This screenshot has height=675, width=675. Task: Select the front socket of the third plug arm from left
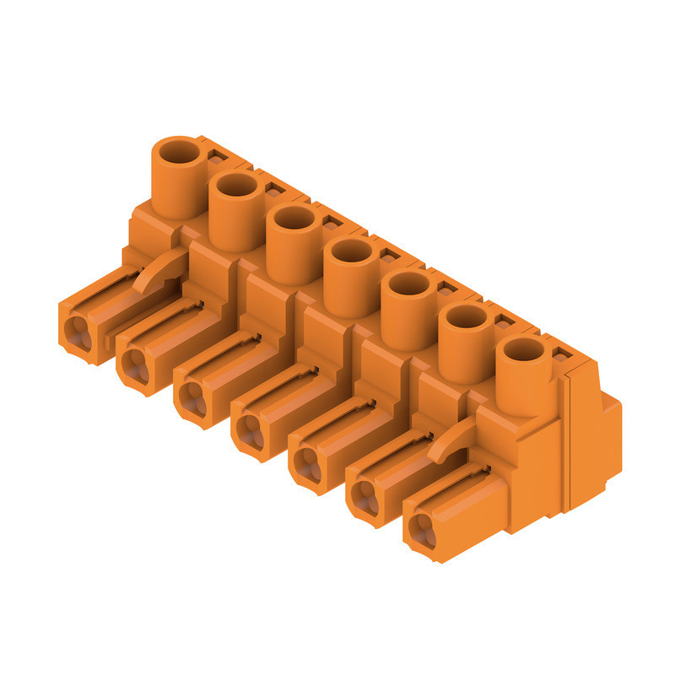click(x=191, y=398)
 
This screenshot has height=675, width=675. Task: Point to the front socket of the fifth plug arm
click(x=305, y=464)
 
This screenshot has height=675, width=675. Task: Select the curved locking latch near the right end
click(x=451, y=441)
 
